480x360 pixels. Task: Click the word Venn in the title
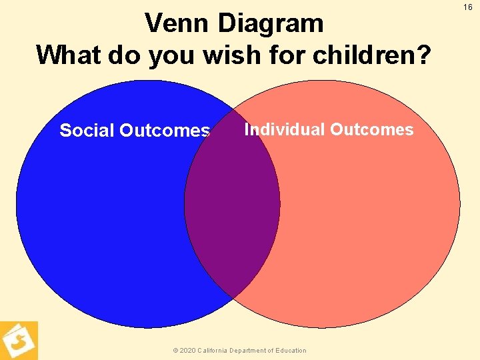[x=177, y=24]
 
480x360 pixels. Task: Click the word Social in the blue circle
[x=87, y=131]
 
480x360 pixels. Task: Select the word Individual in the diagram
[x=285, y=129]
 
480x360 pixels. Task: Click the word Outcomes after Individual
[x=371, y=129]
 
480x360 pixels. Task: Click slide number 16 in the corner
[x=468, y=7]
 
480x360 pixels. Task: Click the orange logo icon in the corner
[x=19, y=341]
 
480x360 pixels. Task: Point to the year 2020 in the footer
[x=188, y=351]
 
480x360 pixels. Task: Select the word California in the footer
[x=215, y=351]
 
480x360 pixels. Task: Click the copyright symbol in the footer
[x=175, y=351]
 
